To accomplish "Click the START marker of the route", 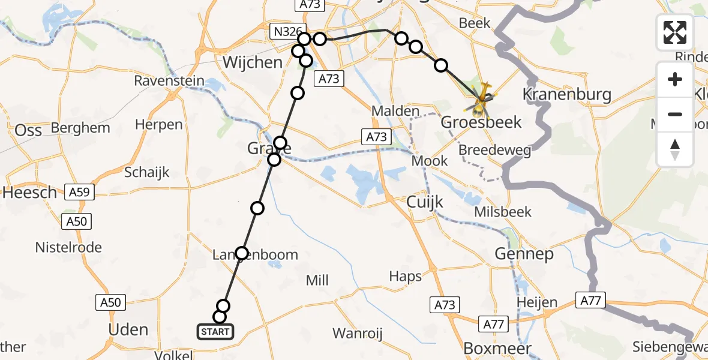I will (x=215, y=331).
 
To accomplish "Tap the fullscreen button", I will (x=675, y=32).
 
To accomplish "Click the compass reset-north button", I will (x=675, y=149).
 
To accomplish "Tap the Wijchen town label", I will (x=252, y=62).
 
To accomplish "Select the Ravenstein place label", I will (x=169, y=80).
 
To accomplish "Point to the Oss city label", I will (x=28, y=130).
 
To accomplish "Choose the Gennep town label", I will (x=524, y=254).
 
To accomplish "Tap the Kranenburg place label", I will (x=566, y=94).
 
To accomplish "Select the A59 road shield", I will (x=79, y=193).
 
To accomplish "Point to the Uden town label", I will (x=128, y=329).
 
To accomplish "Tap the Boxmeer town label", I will (x=497, y=349).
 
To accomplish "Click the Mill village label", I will (x=317, y=280).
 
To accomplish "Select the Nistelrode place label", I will (x=68, y=247).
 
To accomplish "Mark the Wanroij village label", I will (x=358, y=333).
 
